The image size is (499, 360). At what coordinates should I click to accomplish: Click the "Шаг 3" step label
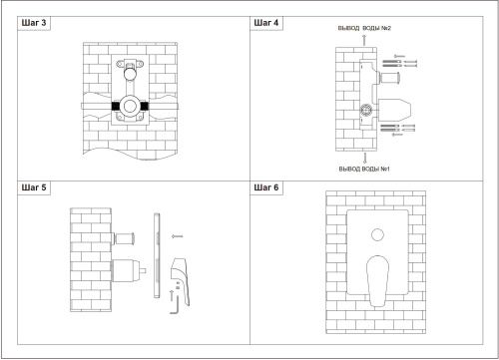coord(34,23)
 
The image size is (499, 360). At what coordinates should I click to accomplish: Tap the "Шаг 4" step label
coord(266,23)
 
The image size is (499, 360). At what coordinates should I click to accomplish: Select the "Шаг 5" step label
coord(34,187)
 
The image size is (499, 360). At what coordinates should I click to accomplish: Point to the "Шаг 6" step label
coord(266,187)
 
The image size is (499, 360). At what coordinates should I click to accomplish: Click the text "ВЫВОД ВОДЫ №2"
coord(364,28)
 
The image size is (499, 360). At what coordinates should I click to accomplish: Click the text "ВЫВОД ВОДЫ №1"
coord(364,169)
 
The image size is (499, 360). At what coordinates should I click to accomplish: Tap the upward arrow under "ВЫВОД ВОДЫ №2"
coord(364,40)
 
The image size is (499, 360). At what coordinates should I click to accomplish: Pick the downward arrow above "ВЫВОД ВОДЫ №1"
coord(365,158)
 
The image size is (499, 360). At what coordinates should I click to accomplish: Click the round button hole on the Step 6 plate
coord(377,235)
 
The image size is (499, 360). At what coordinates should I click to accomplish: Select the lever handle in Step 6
coord(377,281)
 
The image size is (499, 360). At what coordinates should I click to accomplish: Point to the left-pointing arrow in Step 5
coord(177,236)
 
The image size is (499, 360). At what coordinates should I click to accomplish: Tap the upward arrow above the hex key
coord(172,295)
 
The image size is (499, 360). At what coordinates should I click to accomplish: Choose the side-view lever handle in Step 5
coord(181,281)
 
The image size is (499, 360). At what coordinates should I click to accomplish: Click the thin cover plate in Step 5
coord(157,255)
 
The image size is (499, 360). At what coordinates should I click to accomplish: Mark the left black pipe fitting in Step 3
coord(115,107)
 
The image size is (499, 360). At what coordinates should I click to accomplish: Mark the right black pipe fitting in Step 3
coord(145,107)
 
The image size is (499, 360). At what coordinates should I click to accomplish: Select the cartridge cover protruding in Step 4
coord(394,110)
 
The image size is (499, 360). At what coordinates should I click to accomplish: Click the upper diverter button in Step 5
coord(124,238)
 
